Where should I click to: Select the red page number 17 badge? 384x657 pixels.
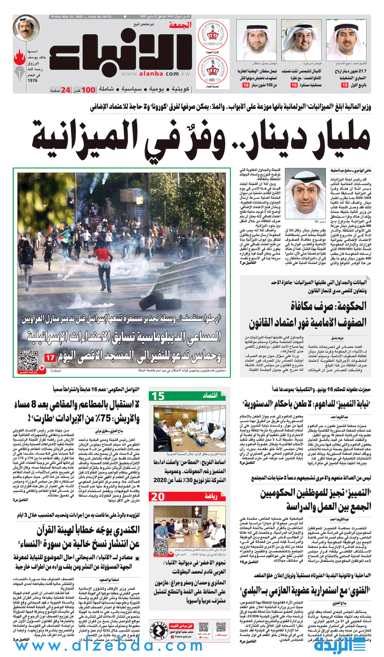coord(50,358)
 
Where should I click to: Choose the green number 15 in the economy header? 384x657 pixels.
coord(158,396)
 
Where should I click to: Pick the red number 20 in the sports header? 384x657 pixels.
coord(158,497)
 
